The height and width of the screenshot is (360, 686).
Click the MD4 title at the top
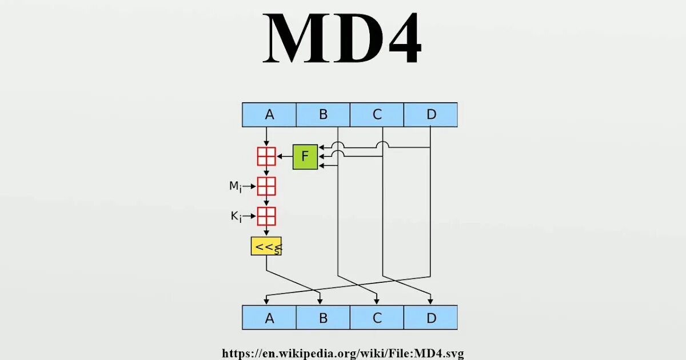coord(342,39)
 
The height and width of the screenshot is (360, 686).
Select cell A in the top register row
coord(269,115)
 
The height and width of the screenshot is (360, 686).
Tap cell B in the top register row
coord(323,115)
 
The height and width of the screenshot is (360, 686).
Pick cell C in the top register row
coord(377,115)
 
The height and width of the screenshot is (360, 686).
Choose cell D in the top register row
coord(430,115)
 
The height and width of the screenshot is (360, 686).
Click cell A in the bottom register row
coord(269,318)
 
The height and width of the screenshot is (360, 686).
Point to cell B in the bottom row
coord(323,318)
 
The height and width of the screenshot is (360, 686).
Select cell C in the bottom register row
coord(377,318)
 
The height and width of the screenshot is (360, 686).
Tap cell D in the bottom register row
coord(430,318)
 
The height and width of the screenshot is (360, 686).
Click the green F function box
coord(305,157)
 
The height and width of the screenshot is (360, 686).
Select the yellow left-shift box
coord(266,246)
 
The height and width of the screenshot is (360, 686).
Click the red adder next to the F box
coord(266,157)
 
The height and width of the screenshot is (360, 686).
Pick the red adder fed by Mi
coord(266,186)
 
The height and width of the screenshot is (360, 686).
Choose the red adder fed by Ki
coord(266,217)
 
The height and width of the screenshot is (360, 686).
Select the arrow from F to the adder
coord(284,157)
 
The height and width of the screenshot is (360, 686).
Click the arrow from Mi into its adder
coord(250,186)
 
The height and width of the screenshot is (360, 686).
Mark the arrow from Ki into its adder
coord(250,217)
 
